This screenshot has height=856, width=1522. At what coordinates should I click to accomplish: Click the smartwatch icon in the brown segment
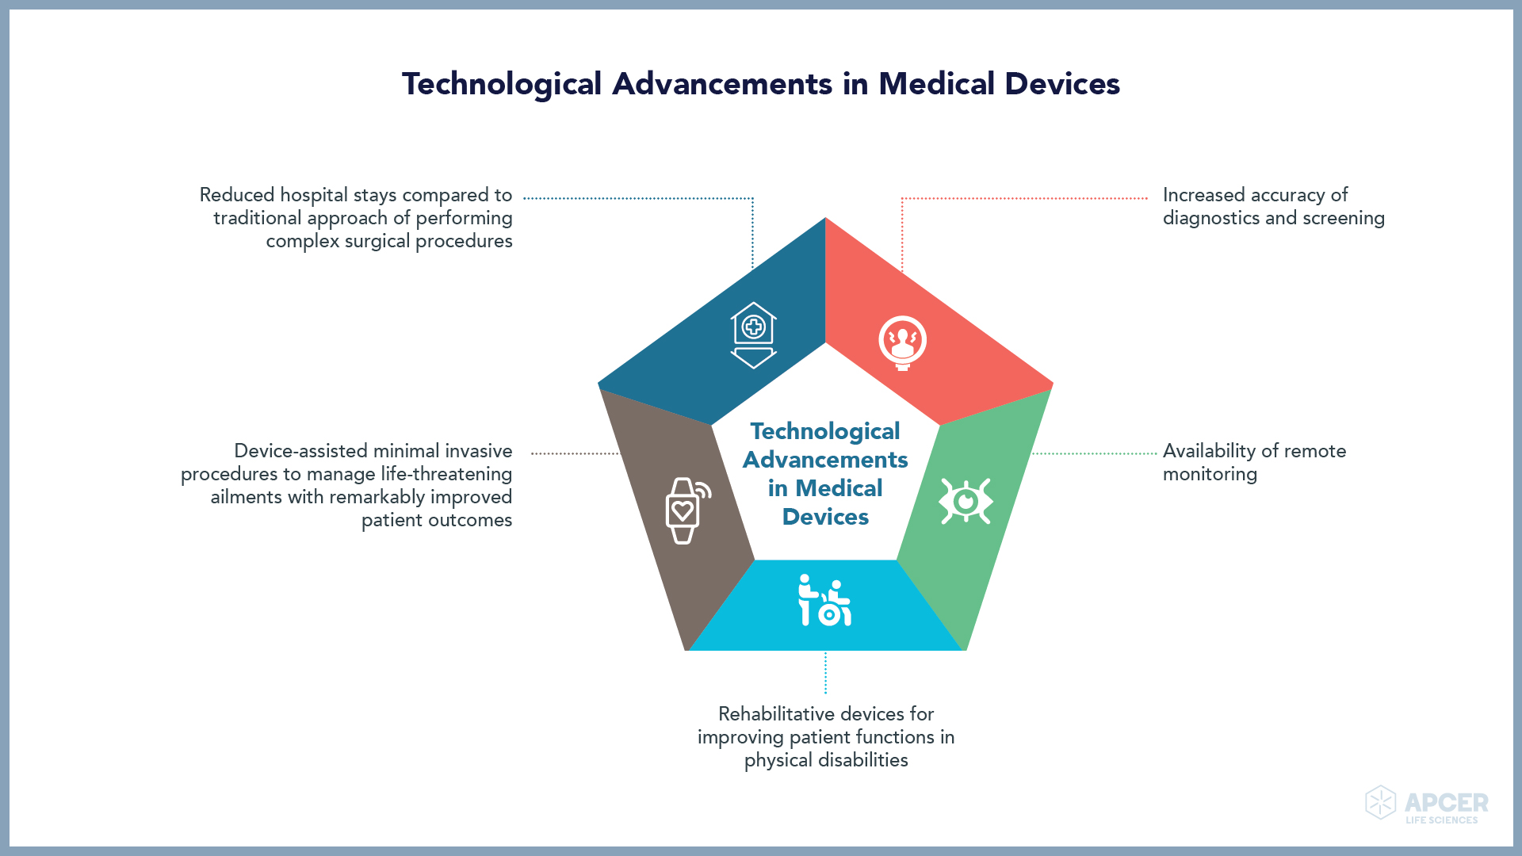coord(687,510)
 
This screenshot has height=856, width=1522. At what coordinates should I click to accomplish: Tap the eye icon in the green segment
coord(966,501)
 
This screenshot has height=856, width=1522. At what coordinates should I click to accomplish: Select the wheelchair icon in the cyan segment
coord(824,600)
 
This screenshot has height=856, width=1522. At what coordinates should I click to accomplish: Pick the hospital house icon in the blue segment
coord(753,335)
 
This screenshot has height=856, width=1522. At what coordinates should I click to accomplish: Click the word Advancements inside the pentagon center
coord(825,460)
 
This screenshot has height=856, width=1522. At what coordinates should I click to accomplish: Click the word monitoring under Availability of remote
coord(1210,475)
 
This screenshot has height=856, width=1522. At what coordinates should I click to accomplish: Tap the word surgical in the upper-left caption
coord(377,242)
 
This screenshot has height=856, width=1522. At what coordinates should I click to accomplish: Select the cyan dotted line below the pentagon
coord(825,672)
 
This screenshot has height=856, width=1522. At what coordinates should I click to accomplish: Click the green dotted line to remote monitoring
coord(1095,454)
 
